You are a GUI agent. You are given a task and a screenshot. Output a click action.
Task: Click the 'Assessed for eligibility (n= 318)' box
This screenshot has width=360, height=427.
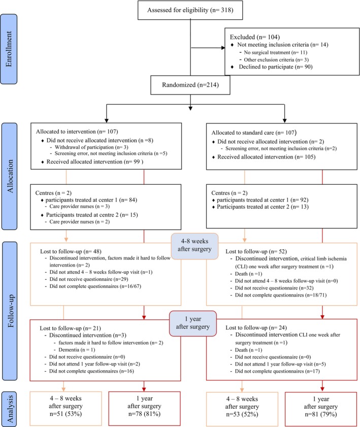[190, 10]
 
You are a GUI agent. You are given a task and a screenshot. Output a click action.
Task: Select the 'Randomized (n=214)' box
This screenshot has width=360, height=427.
[190, 85]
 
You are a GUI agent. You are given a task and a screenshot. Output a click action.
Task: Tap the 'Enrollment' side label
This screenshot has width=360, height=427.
[9, 49]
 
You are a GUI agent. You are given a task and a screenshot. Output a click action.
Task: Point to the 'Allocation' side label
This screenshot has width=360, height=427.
[10, 176]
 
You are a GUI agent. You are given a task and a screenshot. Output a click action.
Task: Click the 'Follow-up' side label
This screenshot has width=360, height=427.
[10, 311]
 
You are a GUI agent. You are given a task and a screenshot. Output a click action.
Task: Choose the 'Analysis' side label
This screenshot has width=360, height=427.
[10, 409]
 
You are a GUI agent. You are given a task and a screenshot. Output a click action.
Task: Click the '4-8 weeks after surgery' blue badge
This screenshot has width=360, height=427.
[194, 245]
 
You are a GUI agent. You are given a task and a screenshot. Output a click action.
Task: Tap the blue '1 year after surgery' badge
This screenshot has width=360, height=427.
[193, 323]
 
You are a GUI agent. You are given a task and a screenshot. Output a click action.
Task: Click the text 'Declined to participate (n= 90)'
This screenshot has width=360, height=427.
[276, 67]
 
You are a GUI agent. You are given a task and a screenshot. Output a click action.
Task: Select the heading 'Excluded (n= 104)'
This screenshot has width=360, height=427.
[254, 37]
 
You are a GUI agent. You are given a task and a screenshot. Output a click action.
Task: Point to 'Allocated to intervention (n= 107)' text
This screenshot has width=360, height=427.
[77, 132]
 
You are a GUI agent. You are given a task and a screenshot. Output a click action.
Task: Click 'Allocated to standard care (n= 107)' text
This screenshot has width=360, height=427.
[254, 133]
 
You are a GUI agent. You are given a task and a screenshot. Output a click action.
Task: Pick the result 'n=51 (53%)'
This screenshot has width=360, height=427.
[66, 414]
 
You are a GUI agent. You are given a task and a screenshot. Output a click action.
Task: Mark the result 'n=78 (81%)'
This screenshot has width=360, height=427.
[144, 414]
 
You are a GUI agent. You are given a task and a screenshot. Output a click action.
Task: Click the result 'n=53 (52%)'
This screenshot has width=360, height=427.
[242, 414]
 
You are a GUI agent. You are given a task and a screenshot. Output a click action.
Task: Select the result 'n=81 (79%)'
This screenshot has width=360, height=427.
[321, 414]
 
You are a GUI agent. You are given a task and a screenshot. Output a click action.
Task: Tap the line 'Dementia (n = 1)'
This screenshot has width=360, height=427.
[77, 350]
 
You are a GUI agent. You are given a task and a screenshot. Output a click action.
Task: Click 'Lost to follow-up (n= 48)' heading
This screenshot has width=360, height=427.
[71, 251]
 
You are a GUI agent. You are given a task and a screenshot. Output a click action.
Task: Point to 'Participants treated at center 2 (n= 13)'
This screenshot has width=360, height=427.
[263, 207]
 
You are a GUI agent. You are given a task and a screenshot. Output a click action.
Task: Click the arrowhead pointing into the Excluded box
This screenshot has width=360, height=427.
[223, 48]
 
